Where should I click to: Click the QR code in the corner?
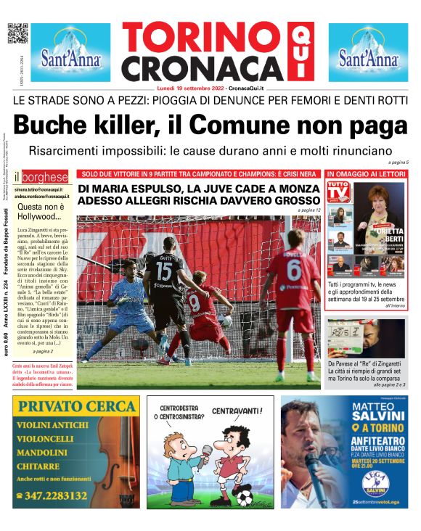point(17,33)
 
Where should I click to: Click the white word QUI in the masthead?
point(296,52)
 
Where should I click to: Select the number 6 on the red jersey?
point(294,271)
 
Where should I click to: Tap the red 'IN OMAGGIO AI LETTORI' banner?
point(367,174)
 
